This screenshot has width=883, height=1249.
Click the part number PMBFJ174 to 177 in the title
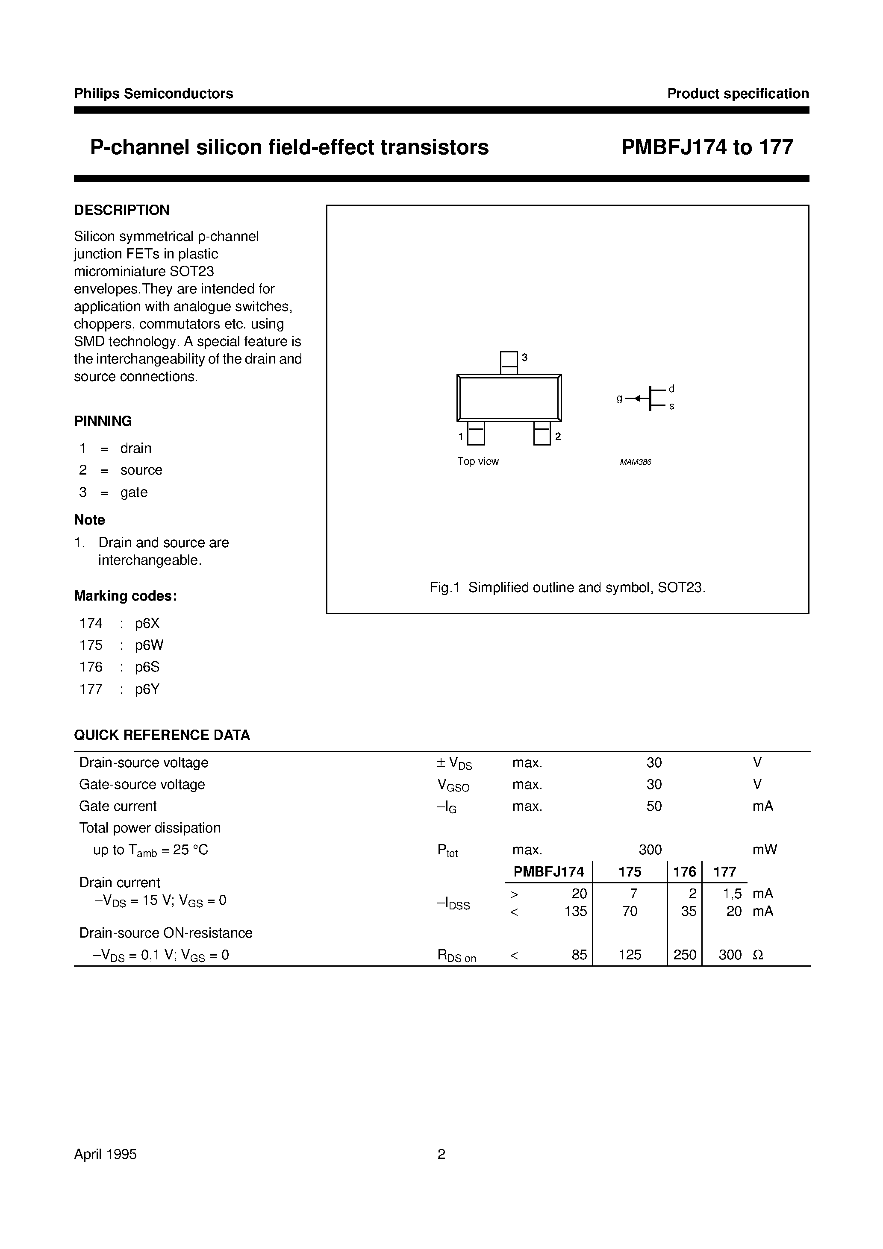click(x=707, y=147)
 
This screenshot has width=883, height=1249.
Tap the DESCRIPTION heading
click(x=121, y=210)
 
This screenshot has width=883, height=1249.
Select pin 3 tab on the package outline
click(x=509, y=362)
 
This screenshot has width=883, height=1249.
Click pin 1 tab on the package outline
click(x=476, y=434)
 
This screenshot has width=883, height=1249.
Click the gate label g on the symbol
click(x=620, y=398)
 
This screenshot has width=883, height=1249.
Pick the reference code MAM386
click(x=635, y=462)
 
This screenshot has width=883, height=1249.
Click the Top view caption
click(x=477, y=461)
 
